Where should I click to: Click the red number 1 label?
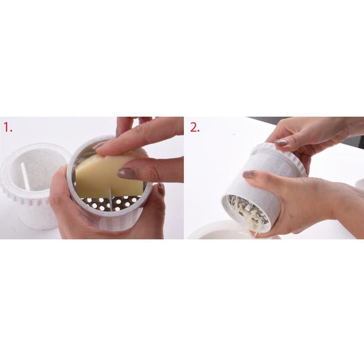pos(8,127)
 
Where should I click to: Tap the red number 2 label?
pos(194,127)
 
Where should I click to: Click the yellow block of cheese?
pos(109,176)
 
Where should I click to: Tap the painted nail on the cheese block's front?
pos(127,173)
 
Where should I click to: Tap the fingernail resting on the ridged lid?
pos(281,143)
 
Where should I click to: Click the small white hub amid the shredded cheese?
pos(248,208)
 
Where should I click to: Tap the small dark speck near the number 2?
pos(234,134)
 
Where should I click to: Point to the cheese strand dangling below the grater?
pos(255,234)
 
